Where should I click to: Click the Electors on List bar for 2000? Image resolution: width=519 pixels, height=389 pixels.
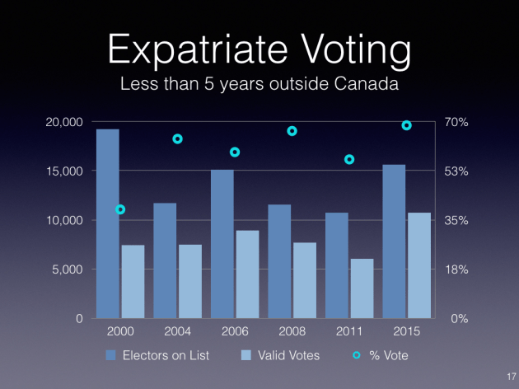[x=108, y=223]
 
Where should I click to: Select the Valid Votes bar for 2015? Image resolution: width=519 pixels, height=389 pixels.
[x=419, y=265]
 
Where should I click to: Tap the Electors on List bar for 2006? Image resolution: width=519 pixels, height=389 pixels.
[x=222, y=244]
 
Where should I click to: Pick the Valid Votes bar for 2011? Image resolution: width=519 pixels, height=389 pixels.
[x=362, y=288]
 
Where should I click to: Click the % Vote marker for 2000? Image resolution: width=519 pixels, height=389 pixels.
[x=120, y=209]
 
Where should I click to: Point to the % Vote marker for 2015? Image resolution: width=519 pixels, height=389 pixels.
[x=406, y=125]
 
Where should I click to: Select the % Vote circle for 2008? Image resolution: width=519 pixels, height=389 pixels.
[x=292, y=131]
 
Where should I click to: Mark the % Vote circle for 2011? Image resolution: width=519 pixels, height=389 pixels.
[x=349, y=159]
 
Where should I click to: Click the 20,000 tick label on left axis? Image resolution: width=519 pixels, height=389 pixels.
[x=64, y=122]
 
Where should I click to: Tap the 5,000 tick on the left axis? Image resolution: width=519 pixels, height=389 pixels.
[x=69, y=269]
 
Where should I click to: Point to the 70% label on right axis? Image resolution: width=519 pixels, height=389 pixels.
[x=457, y=122]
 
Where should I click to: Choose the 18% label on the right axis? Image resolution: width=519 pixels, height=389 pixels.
[x=457, y=269]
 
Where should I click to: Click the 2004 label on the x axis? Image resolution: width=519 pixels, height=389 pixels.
[x=177, y=331]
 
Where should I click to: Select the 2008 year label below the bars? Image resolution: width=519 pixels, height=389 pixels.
[x=292, y=331]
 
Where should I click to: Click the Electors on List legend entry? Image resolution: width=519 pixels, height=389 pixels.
[x=157, y=355]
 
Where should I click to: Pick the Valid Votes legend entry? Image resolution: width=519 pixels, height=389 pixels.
[x=280, y=355]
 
